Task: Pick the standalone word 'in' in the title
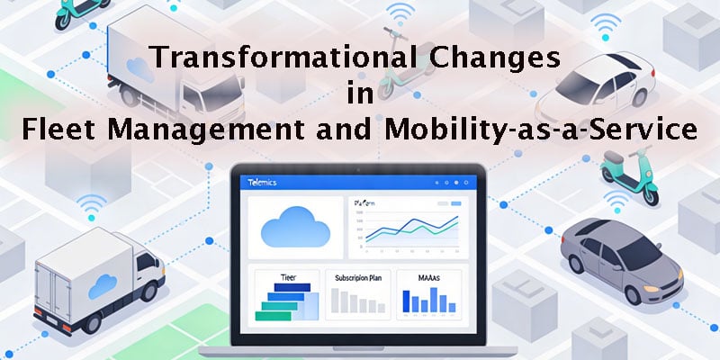point(359,95)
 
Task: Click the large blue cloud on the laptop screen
point(293,229)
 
